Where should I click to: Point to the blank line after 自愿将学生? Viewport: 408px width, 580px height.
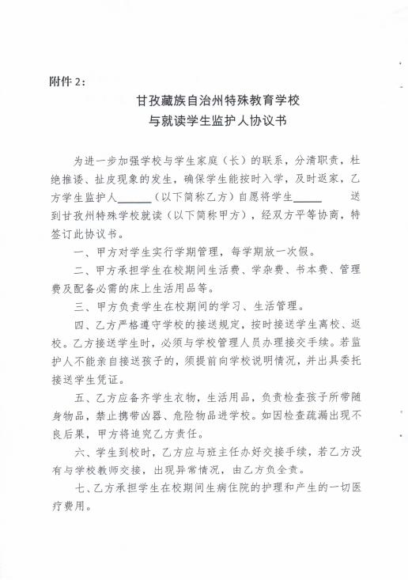308,195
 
